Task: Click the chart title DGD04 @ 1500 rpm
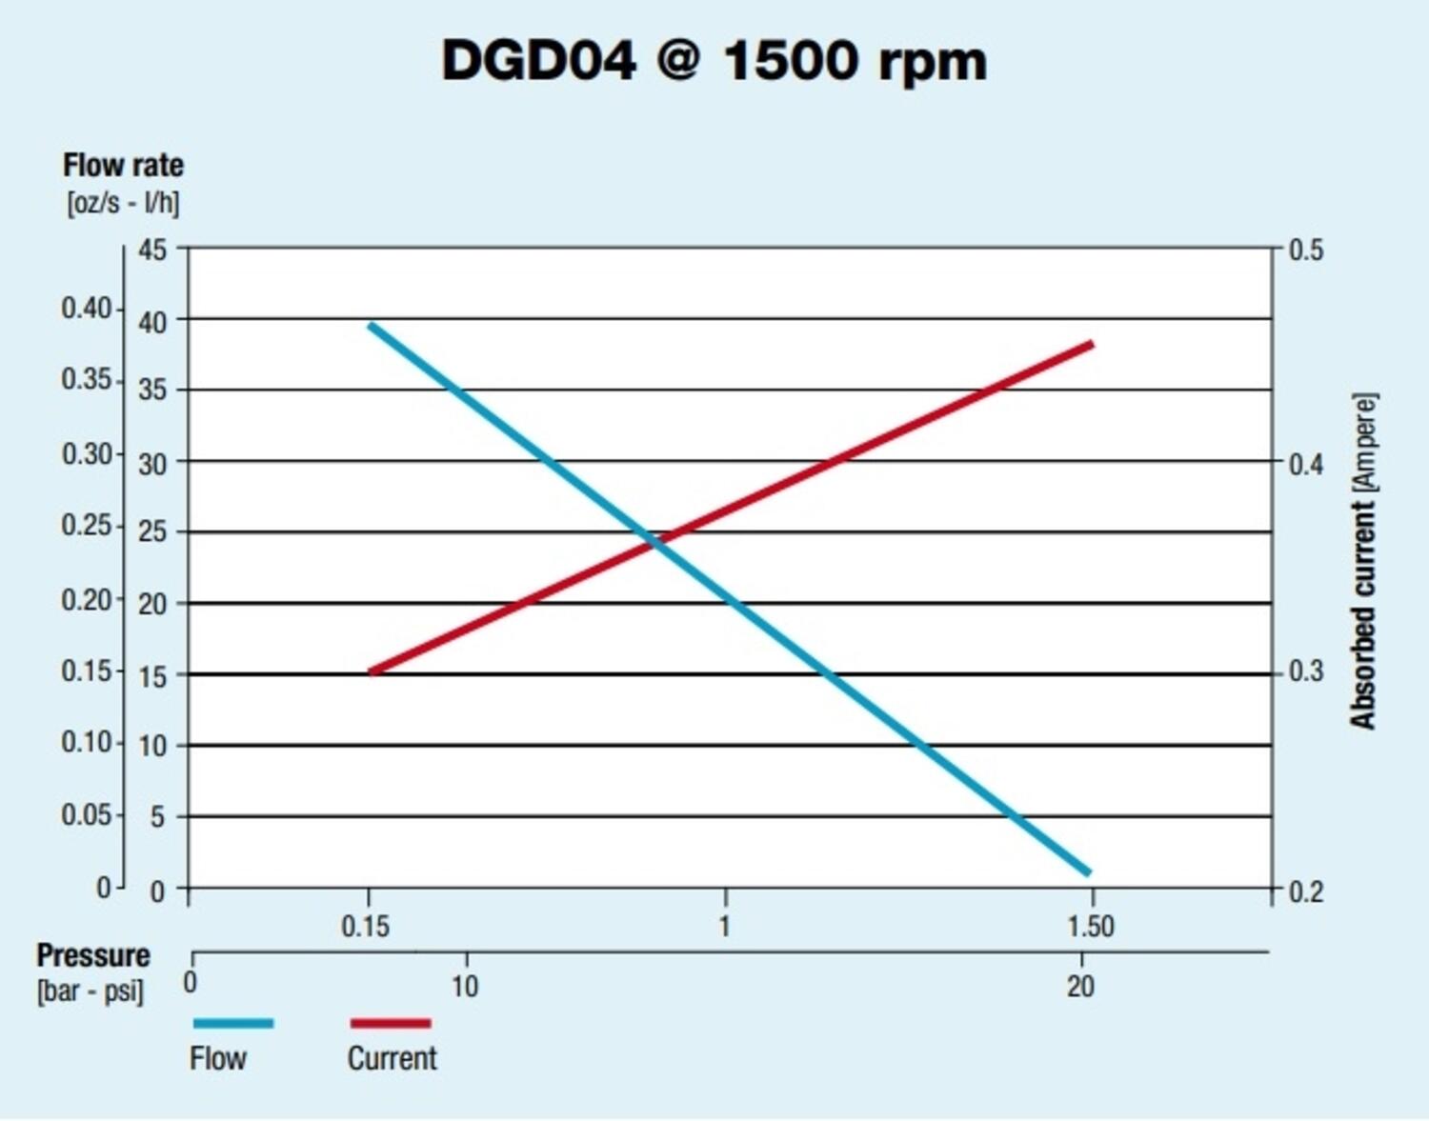pos(714,62)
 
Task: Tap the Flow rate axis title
pos(123,166)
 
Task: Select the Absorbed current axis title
pos(1363,562)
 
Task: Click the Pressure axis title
pos(93,955)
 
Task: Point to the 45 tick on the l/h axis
pos(152,250)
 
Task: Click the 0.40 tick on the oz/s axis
pos(87,309)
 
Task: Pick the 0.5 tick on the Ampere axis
pos(1306,250)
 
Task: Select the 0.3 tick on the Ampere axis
pos(1306,671)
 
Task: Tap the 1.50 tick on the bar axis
pos(1090,926)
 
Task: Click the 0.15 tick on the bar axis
pos(365,926)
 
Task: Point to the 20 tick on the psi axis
pos(1080,987)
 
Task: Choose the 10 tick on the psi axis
pos(465,987)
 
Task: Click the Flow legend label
pos(218,1058)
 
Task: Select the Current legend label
pos(392,1058)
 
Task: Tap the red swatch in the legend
pos(391,1023)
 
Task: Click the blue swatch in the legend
pos(233,1023)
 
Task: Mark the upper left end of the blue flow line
pos(372,326)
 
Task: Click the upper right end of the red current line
pos(1091,344)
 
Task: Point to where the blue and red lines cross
pos(655,540)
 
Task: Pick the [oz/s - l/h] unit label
pos(123,203)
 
